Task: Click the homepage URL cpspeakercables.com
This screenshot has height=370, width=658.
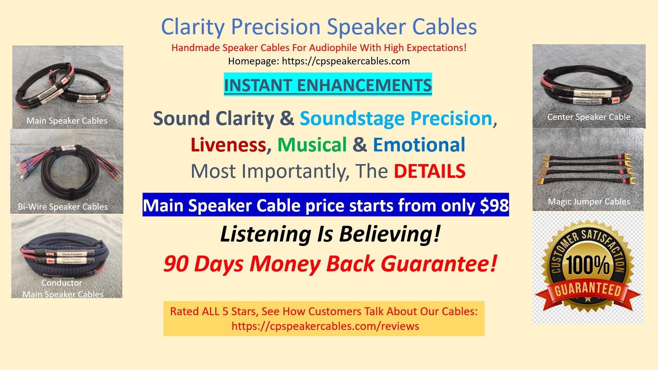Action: [x=345, y=61]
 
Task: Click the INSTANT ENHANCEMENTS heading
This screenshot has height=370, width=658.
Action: [x=328, y=85]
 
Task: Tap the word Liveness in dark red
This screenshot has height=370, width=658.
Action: [x=228, y=145]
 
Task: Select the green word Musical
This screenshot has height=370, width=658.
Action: [x=312, y=145]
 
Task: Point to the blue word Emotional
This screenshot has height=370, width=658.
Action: [x=419, y=145]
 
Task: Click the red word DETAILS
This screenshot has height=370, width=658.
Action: [x=429, y=171]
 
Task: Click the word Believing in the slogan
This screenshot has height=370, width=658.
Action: [x=389, y=234]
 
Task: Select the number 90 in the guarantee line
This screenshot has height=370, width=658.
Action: [x=176, y=264]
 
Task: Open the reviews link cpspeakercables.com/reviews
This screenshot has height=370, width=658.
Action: [x=325, y=326]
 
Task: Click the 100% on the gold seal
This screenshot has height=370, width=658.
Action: [x=587, y=265]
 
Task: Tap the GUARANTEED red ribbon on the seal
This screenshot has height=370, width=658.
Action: [x=588, y=290]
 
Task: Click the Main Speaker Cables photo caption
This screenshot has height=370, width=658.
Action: [x=67, y=121]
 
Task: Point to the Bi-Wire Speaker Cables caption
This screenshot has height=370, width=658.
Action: [x=63, y=207]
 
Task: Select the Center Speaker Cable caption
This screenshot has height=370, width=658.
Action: [x=588, y=117]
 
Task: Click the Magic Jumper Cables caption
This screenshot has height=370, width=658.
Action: [x=589, y=202]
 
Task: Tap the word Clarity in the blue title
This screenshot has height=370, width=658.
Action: [x=193, y=27]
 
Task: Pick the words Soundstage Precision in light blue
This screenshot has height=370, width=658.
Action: [x=396, y=119]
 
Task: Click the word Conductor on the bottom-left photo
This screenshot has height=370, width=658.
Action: [x=62, y=283]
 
